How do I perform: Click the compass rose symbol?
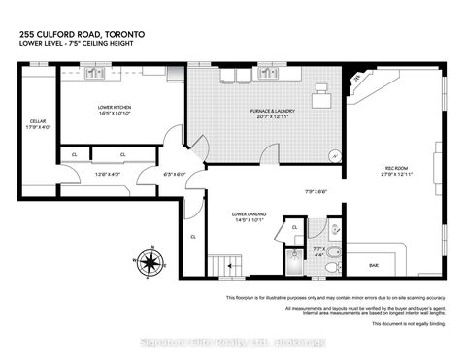point(149,261)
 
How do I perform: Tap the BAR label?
point(373,264)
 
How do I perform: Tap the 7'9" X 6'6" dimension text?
point(316,190)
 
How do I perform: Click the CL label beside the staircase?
point(193,236)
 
